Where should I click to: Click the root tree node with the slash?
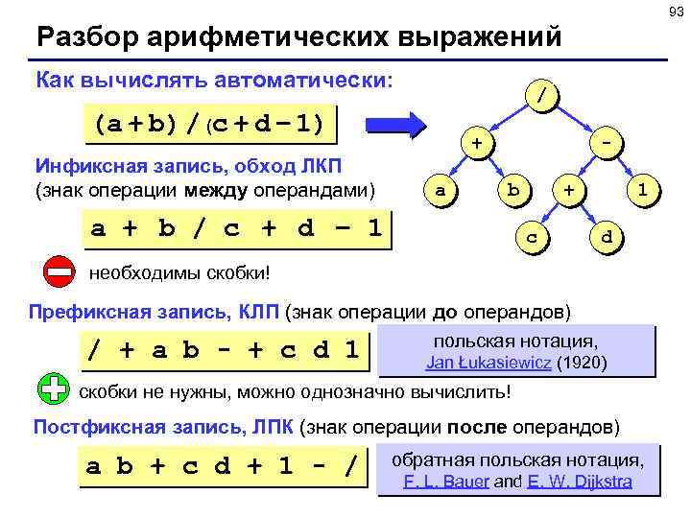(x=544, y=96)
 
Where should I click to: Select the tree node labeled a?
(x=440, y=190)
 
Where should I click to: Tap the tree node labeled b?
(x=513, y=190)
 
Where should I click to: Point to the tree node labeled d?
(x=606, y=234)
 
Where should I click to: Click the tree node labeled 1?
(x=644, y=190)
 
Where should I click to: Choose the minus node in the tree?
(x=606, y=143)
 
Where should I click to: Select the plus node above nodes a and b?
(x=475, y=143)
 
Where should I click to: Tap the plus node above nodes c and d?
(x=570, y=190)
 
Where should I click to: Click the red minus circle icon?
(x=59, y=271)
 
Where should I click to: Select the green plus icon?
(x=55, y=388)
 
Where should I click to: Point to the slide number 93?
(x=672, y=11)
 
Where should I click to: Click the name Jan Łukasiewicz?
(x=488, y=364)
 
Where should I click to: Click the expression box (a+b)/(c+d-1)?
(x=208, y=124)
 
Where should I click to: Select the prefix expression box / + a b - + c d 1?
(x=226, y=350)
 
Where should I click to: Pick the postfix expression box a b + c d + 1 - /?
(x=226, y=467)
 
